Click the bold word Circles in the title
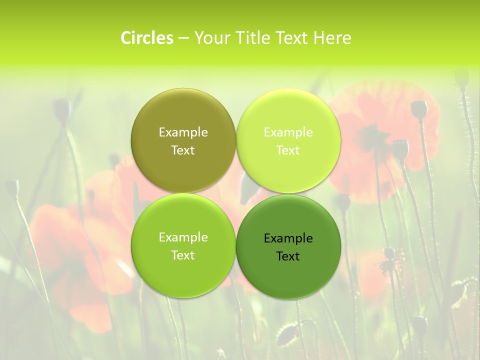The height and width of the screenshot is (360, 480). [x=147, y=38]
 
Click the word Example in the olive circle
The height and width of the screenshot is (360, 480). [x=183, y=132]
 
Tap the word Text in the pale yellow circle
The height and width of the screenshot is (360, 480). [x=288, y=150]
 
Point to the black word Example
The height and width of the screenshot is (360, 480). [x=288, y=238]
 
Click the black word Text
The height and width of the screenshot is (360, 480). [x=288, y=256]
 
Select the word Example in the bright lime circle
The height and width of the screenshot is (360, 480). [x=183, y=237]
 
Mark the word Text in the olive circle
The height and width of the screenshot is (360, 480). [x=183, y=150]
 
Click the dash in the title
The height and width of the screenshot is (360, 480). [x=183, y=38]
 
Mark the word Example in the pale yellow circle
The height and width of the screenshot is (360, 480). [x=288, y=132]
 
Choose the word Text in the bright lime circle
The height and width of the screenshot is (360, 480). [x=183, y=255]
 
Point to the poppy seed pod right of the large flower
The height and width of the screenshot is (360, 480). [x=419, y=108]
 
